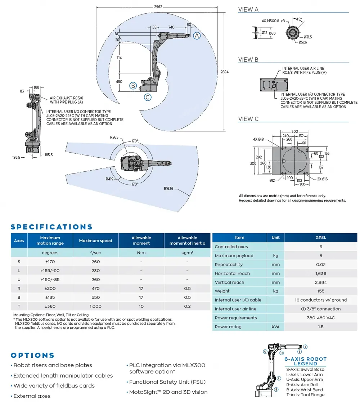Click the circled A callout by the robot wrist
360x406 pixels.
(x=197, y=36)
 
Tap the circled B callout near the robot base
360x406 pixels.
(x=133, y=86)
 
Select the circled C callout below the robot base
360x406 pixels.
(x=147, y=97)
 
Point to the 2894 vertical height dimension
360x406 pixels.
(x=225, y=72)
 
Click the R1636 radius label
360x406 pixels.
(x=169, y=188)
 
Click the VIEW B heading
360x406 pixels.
(x=248, y=60)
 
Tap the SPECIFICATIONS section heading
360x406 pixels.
(x=51, y=227)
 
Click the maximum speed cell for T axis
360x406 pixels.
(x=95, y=306)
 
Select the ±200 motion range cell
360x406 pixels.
(x=50, y=288)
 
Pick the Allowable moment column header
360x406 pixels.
(x=141, y=240)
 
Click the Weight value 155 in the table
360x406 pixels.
(x=320, y=291)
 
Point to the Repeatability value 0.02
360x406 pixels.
(x=320, y=265)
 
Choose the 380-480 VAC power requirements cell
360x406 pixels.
(x=320, y=318)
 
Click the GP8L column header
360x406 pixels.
(x=320, y=238)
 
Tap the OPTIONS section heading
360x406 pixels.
(x=32, y=355)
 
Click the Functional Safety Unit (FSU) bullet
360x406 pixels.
(x=167, y=382)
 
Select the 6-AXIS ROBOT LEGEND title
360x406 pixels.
(x=305, y=361)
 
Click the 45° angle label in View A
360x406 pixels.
(x=299, y=19)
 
